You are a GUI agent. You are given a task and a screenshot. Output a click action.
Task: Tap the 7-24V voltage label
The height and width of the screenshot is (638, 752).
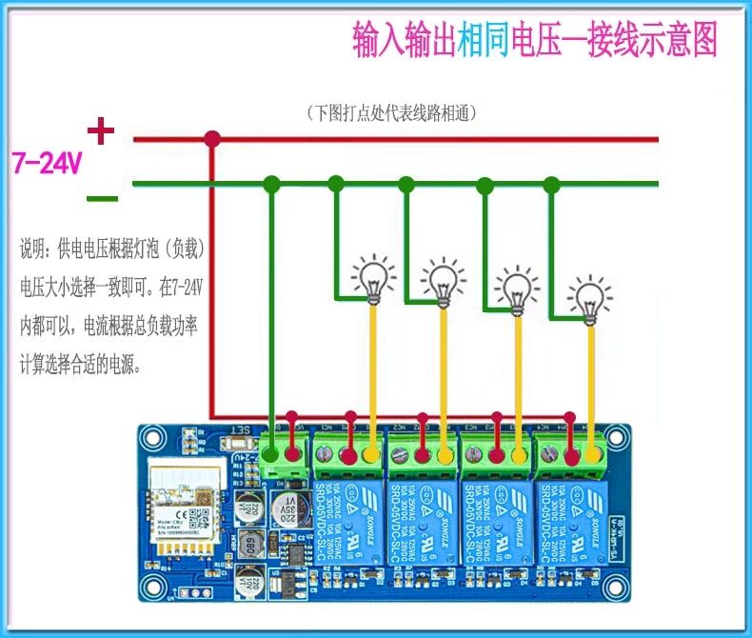tap(47, 163)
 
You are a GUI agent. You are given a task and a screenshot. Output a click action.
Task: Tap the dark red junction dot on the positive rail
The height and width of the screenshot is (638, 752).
tap(213, 140)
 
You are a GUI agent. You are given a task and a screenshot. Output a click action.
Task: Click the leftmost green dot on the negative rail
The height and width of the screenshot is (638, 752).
tap(272, 183)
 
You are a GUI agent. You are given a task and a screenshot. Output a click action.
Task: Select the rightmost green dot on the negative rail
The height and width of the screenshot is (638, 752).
tap(551, 183)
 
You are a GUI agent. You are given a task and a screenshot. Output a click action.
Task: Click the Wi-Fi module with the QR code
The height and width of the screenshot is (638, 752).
tap(187, 508)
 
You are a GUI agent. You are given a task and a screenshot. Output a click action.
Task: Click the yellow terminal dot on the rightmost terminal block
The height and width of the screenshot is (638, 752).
tap(594, 454)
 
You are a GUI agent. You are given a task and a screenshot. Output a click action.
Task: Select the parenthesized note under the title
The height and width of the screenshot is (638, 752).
tap(391, 111)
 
